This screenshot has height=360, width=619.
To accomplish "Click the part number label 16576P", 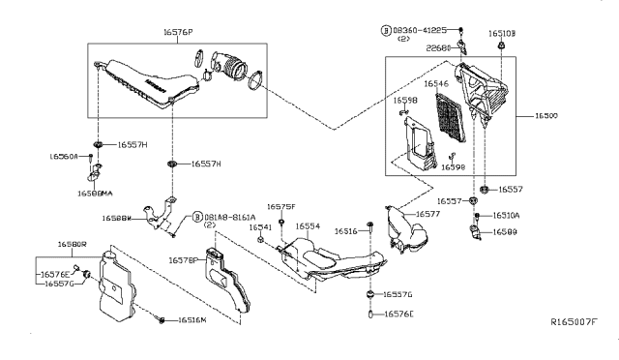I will point(177,32).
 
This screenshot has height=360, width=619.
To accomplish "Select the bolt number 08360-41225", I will point(421,31).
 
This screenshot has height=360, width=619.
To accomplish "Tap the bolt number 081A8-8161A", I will point(229,218).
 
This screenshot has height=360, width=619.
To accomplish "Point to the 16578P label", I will point(183,260).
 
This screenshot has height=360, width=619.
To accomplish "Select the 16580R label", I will point(73,245).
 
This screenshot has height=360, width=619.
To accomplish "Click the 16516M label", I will point(192,319).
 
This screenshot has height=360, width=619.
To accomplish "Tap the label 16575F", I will point(280,206).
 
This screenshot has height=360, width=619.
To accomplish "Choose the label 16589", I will point(507,232).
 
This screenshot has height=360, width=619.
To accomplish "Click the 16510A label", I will point(507,216).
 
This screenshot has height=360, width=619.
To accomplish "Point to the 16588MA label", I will point(102,193).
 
